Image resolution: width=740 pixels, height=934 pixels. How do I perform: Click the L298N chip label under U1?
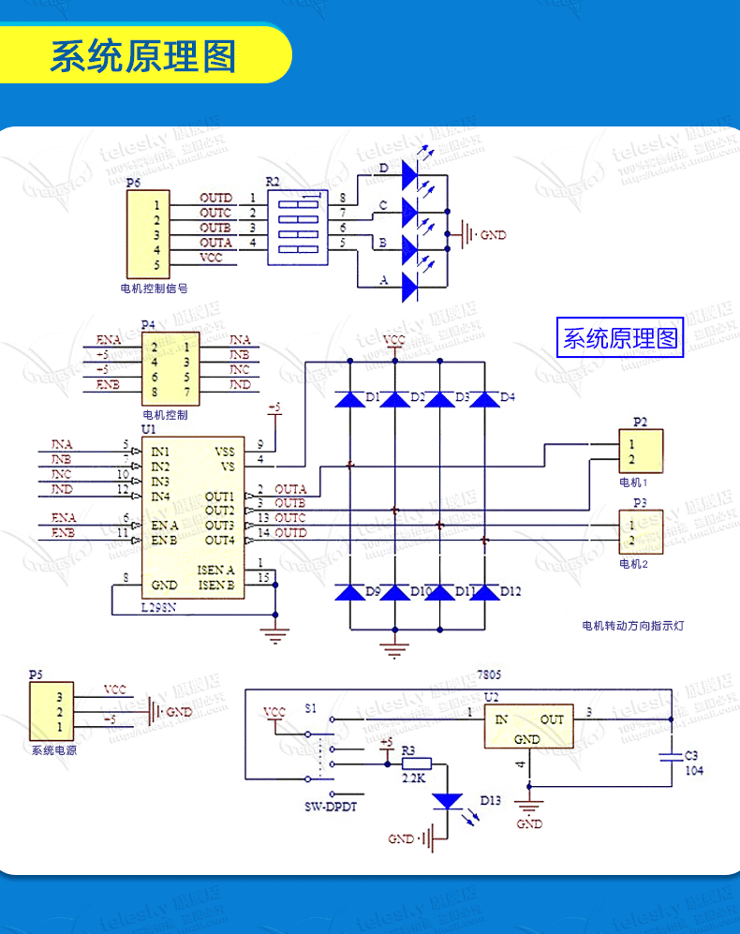(162, 608)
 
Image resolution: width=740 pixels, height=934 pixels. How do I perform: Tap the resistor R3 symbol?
(417, 764)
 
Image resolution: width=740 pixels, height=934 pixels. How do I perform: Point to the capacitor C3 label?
(691, 755)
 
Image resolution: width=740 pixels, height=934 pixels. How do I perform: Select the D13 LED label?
(491, 801)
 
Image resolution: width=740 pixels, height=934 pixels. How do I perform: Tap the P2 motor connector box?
(641, 451)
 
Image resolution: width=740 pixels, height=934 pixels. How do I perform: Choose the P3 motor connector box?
(641, 532)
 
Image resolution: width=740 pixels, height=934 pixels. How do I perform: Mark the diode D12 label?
(511, 592)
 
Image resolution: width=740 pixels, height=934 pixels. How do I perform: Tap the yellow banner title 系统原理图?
(142, 57)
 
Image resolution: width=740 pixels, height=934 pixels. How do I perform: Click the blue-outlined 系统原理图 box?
(619, 338)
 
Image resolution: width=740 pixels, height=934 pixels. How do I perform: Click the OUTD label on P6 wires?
(215, 199)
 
